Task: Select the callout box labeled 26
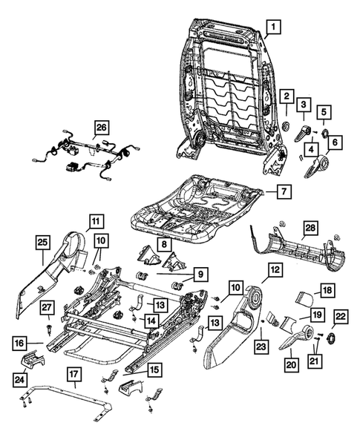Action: tap(101, 126)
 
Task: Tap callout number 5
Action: tap(324, 114)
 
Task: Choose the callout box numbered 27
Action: tap(46, 308)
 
